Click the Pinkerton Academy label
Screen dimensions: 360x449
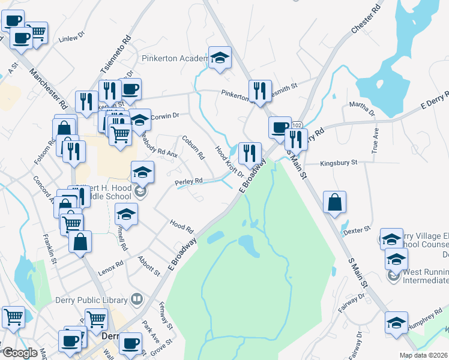174,58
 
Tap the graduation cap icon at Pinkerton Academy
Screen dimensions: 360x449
220,58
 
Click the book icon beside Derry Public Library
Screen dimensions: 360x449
137,299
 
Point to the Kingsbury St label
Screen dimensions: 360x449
339,162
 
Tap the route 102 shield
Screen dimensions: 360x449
297,125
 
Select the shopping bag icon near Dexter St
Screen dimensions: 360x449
334,202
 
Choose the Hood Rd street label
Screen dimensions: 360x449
181,226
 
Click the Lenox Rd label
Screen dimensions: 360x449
111,266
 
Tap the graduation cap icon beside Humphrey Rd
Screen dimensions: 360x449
396,322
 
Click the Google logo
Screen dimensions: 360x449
20,352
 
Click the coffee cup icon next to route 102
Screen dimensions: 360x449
279,127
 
